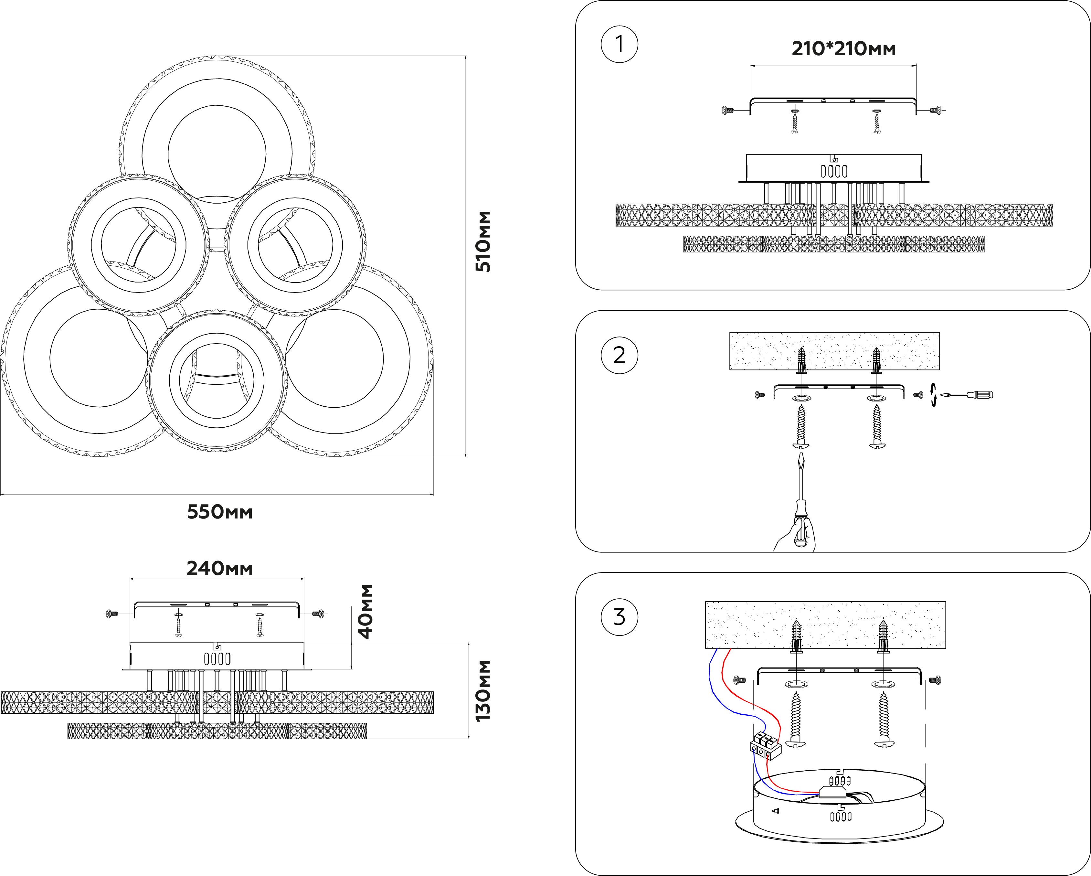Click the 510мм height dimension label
pos(483,241)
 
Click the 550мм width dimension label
pos(220,512)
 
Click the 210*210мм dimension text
pos(843,49)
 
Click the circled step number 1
pos(620,45)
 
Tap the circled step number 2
pos(620,355)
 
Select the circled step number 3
pos(620,617)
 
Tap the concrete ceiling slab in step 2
pos(834,351)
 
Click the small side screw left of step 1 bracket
pos(727,110)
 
